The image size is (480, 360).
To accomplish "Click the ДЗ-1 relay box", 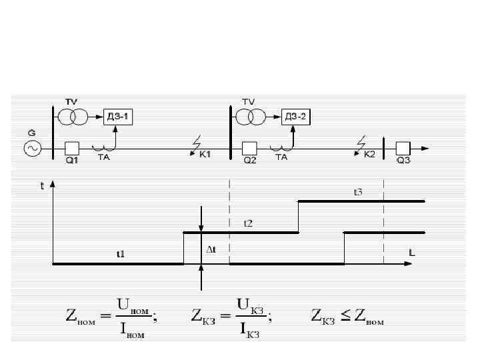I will click(x=119, y=117).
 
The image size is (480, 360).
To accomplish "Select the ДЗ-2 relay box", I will click(x=296, y=117).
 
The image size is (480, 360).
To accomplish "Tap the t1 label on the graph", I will click(x=120, y=254).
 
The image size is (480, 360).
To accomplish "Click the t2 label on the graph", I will click(x=247, y=223).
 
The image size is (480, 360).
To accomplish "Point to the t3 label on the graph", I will click(x=357, y=192).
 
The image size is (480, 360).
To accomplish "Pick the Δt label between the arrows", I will click(x=211, y=249).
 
